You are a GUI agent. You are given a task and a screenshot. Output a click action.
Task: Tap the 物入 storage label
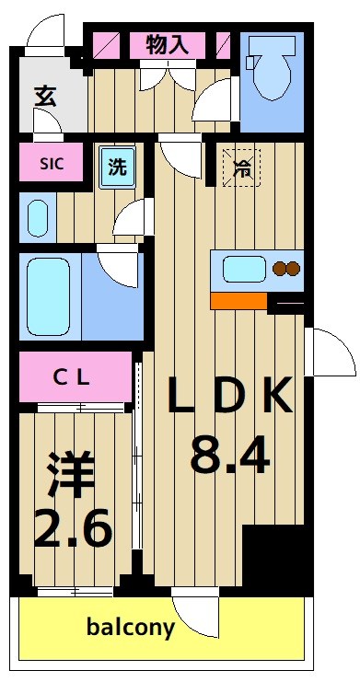[168, 44]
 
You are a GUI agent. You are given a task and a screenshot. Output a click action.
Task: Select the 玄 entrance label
[44, 95]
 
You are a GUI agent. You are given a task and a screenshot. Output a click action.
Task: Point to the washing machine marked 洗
[117, 168]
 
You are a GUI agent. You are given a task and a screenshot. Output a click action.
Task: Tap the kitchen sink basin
[244, 270]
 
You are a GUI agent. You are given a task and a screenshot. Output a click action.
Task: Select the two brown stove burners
[286, 270]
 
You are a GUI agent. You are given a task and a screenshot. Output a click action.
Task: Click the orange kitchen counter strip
[238, 300]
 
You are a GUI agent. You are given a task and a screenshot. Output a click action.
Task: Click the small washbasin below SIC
[38, 218]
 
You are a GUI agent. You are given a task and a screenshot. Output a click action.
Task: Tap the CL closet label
[70, 378]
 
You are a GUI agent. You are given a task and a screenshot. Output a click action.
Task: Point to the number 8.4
[229, 454]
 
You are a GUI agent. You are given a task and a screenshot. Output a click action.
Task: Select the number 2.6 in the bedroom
[73, 529]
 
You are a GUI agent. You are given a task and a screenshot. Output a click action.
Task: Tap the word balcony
[130, 629]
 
